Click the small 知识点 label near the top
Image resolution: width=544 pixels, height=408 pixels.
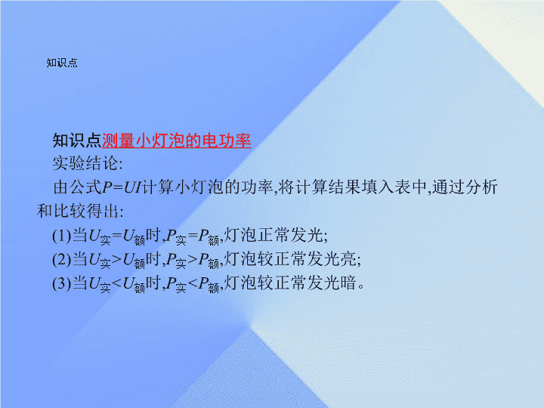pyautogui.click(x=62, y=63)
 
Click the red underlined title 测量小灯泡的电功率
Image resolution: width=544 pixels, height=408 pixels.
pyautogui.click(x=177, y=141)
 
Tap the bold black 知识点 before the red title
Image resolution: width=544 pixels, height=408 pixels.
pyautogui.click(x=77, y=141)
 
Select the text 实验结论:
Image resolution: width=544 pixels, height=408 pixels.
pyautogui.click(x=88, y=163)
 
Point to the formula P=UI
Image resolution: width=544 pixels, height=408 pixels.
pyautogui.click(x=122, y=187)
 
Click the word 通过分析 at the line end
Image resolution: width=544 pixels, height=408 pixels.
pyautogui.click(x=465, y=187)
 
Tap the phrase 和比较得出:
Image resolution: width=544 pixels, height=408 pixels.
pyautogui.click(x=80, y=211)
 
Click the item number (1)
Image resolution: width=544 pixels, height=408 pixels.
pyautogui.click(x=62, y=236)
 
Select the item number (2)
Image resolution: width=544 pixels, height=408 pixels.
pyautogui.click(x=62, y=259)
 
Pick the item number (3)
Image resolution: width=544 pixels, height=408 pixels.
pyautogui.click(x=62, y=283)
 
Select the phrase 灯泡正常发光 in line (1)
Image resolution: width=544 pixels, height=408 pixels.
pyautogui.click(x=274, y=235)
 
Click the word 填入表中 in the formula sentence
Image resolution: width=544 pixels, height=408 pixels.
pyautogui.click(x=394, y=187)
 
